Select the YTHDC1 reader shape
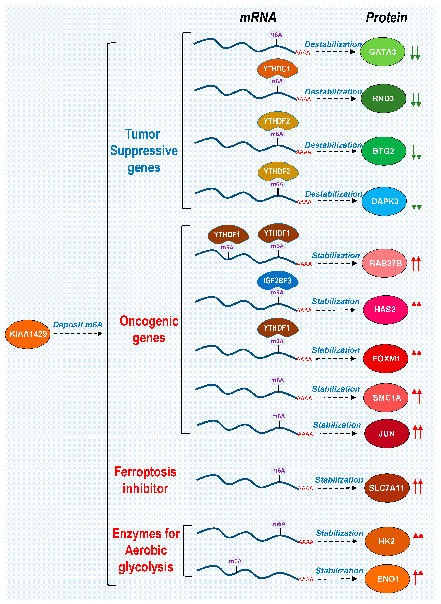click(x=277, y=69)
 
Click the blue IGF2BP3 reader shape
click(x=277, y=280)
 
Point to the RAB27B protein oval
click(x=385, y=263)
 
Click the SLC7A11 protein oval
click(x=387, y=488)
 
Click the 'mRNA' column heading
click(x=258, y=18)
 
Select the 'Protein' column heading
click(x=386, y=18)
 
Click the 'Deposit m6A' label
click(x=78, y=325)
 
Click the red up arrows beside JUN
click(x=418, y=432)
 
